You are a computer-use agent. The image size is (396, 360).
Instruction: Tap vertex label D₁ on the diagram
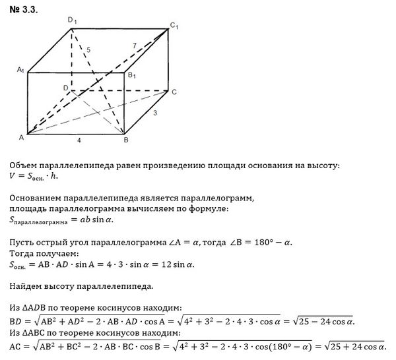tap(73, 21)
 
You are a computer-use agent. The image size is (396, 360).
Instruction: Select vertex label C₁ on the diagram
tap(174, 25)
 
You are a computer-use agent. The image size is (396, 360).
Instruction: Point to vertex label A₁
tap(21, 69)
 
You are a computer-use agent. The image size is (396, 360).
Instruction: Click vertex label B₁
tap(131, 76)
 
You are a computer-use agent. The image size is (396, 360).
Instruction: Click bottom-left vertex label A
tap(21, 137)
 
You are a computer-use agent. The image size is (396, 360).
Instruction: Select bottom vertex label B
tap(125, 140)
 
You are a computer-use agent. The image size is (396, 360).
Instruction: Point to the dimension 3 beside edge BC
tap(154, 114)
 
